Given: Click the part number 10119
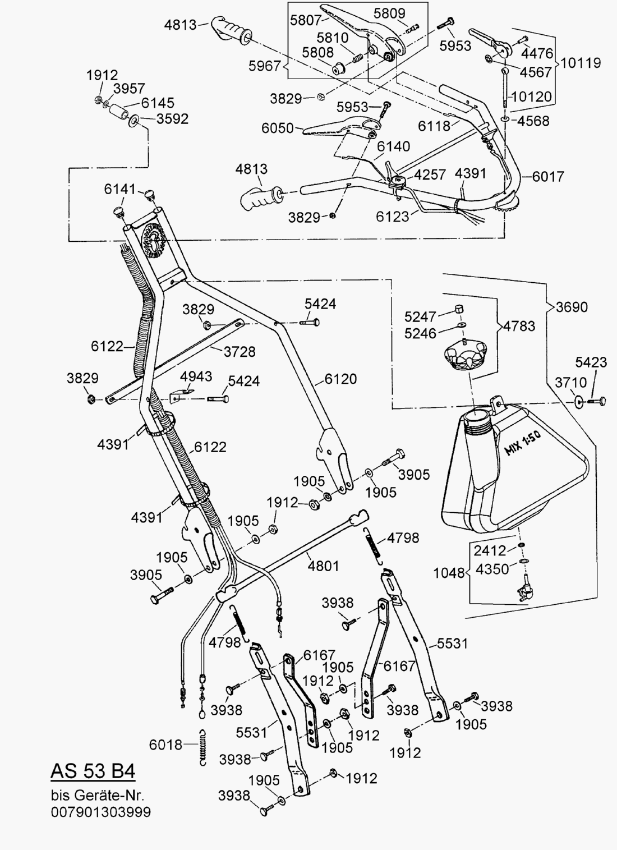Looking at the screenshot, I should point(581,62).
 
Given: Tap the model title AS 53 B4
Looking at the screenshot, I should point(93,771).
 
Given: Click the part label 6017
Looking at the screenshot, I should point(548,176).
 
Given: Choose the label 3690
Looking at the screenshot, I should point(572,307).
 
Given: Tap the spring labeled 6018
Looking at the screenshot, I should point(204,746).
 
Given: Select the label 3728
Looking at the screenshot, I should point(240,352).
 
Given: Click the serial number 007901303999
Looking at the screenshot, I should point(101,812).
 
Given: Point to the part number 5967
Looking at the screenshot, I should point(264,66).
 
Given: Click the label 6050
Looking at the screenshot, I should point(278,128).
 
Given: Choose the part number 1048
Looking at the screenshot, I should point(449,573).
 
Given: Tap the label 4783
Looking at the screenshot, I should point(519,326).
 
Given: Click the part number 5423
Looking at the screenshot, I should point(591,362).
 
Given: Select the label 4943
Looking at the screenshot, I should point(196,375).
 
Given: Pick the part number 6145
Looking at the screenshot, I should point(158,103).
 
